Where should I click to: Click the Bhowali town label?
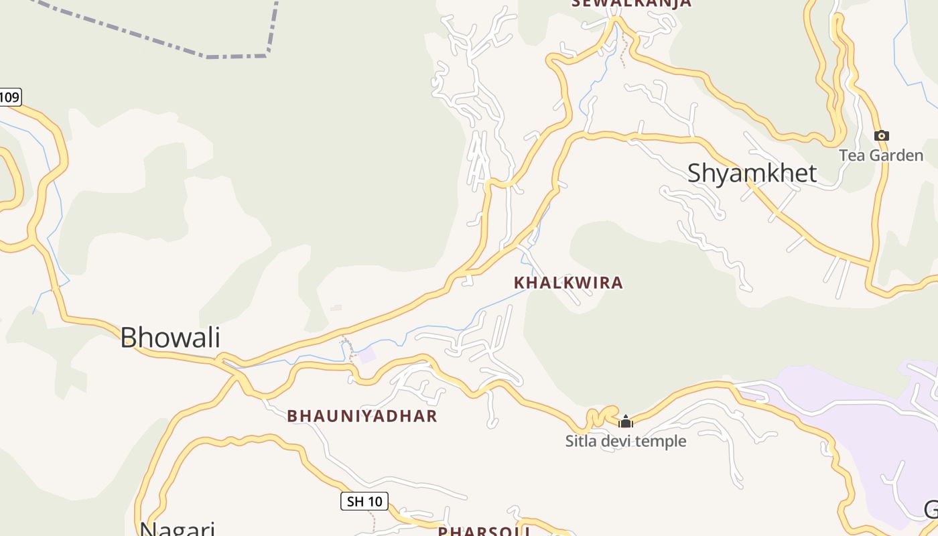click(x=170, y=337)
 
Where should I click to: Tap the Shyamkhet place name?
click(x=752, y=173)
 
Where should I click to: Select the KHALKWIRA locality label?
click(x=568, y=283)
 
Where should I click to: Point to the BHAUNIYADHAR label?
click(x=362, y=416)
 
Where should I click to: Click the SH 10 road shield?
click(x=364, y=501)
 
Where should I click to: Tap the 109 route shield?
click(x=9, y=97)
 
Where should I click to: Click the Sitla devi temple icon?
click(x=626, y=421)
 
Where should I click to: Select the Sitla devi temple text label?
click(x=626, y=441)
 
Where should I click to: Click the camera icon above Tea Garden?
click(x=882, y=136)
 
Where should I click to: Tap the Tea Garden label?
click(x=881, y=155)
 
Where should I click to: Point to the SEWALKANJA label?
click(x=631, y=3)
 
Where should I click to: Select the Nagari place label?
click(x=177, y=528)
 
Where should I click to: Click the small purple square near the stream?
click(x=367, y=355)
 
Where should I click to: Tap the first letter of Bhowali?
click(x=128, y=337)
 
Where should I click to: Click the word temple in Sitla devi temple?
click(x=663, y=441)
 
